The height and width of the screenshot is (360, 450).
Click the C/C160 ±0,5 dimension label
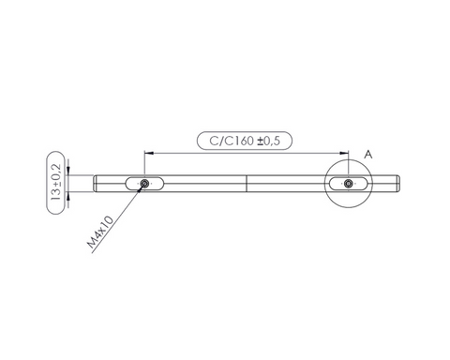pyautogui.click(x=245, y=141)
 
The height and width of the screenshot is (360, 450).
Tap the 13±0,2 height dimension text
pyautogui.click(x=56, y=183)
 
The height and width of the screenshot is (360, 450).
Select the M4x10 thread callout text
pyautogui.click(x=100, y=232)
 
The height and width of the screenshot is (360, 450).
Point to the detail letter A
pyautogui.click(x=368, y=155)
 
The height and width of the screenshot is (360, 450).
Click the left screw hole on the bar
pyautogui.click(x=144, y=184)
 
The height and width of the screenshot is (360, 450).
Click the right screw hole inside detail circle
pyautogui.click(x=349, y=184)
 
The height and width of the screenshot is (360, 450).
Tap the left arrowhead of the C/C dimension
pyautogui.click(x=148, y=153)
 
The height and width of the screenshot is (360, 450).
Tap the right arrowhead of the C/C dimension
pyautogui.click(x=344, y=153)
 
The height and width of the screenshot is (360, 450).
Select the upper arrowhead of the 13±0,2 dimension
pyautogui.click(x=68, y=171)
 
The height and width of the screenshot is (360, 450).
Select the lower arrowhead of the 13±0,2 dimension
pyautogui.click(x=68, y=196)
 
